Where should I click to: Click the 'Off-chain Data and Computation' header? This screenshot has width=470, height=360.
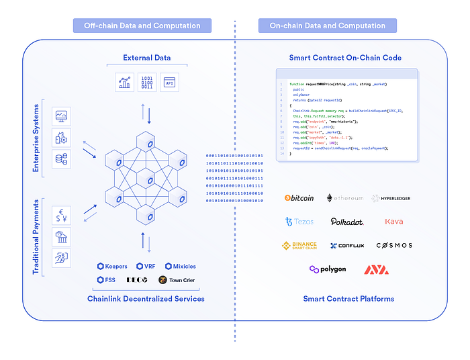pyautogui.click(x=142, y=26)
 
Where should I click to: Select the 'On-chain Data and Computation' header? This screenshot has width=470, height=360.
pyautogui.click(x=327, y=26)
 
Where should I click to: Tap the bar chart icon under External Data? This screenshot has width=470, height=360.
pyautogui.click(x=124, y=83)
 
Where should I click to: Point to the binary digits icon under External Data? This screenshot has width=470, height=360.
pyautogui.click(x=146, y=83)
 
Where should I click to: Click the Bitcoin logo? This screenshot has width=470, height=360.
pyautogui.click(x=299, y=198)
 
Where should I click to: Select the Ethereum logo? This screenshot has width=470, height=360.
pyautogui.click(x=344, y=198)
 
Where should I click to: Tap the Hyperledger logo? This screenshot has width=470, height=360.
pyautogui.click(x=391, y=198)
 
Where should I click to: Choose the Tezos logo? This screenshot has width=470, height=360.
pyautogui.click(x=299, y=222)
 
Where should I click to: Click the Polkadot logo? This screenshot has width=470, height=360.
pyautogui.click(x=346, y=222)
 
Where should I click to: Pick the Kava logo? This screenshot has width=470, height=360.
pyautogui.click(x=393, y=222)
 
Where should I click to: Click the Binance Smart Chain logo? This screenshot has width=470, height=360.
pyautogui.click(x=299, y=245)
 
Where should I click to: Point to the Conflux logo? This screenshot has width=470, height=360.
pyautogui.click(x=346, y=246)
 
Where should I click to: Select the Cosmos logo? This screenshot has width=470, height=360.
pyautogui.click(x=394, y=246)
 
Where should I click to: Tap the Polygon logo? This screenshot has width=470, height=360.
pyautogui.click(x=327, y=269)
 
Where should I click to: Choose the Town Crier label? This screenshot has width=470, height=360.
pyautogui.click(x=177, y=280)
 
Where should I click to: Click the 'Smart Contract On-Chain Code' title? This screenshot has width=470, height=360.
pyautogui.click(x=345, y=58)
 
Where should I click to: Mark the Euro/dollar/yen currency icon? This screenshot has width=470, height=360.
pyautogui.click(x=61, y=215)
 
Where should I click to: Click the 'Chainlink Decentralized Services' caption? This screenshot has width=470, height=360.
pyautogui.click(x=146, y=298)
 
